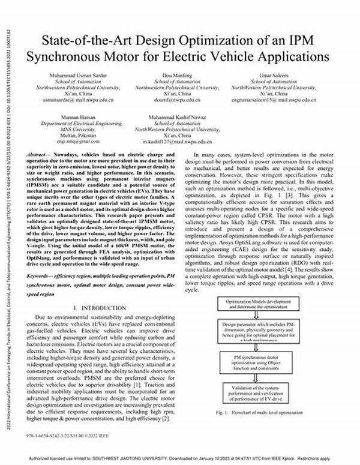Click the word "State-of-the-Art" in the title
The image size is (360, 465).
[x=83, y=40]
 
